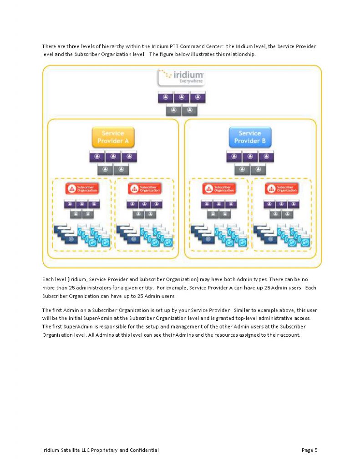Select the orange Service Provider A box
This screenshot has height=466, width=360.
[113, 137]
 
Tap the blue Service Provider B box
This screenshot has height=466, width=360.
[249, 137]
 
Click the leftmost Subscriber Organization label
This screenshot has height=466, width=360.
[82, 188]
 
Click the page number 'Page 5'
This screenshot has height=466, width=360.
[309, 450]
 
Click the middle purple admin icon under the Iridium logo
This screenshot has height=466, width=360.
[182, 97]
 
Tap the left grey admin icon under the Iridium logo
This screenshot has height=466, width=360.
[173, 110]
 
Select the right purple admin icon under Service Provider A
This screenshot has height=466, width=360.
[129, 157]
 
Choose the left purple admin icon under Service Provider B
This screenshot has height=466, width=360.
[234, 157]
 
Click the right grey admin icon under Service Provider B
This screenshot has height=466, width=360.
[258, 170]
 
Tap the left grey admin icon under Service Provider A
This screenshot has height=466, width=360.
[105, 170]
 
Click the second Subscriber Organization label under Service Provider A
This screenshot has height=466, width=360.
[145, 188]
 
